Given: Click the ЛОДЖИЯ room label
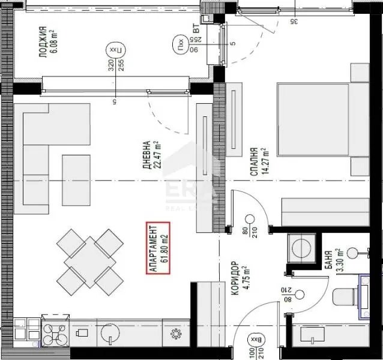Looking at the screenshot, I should [x=41, y=41].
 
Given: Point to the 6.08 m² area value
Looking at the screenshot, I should [x=52, y=41].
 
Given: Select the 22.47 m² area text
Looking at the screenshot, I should [x=157, y=157].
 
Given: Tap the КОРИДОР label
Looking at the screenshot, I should [x=235, y=278].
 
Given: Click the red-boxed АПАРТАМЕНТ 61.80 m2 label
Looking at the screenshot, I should [x=158, y=248].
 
